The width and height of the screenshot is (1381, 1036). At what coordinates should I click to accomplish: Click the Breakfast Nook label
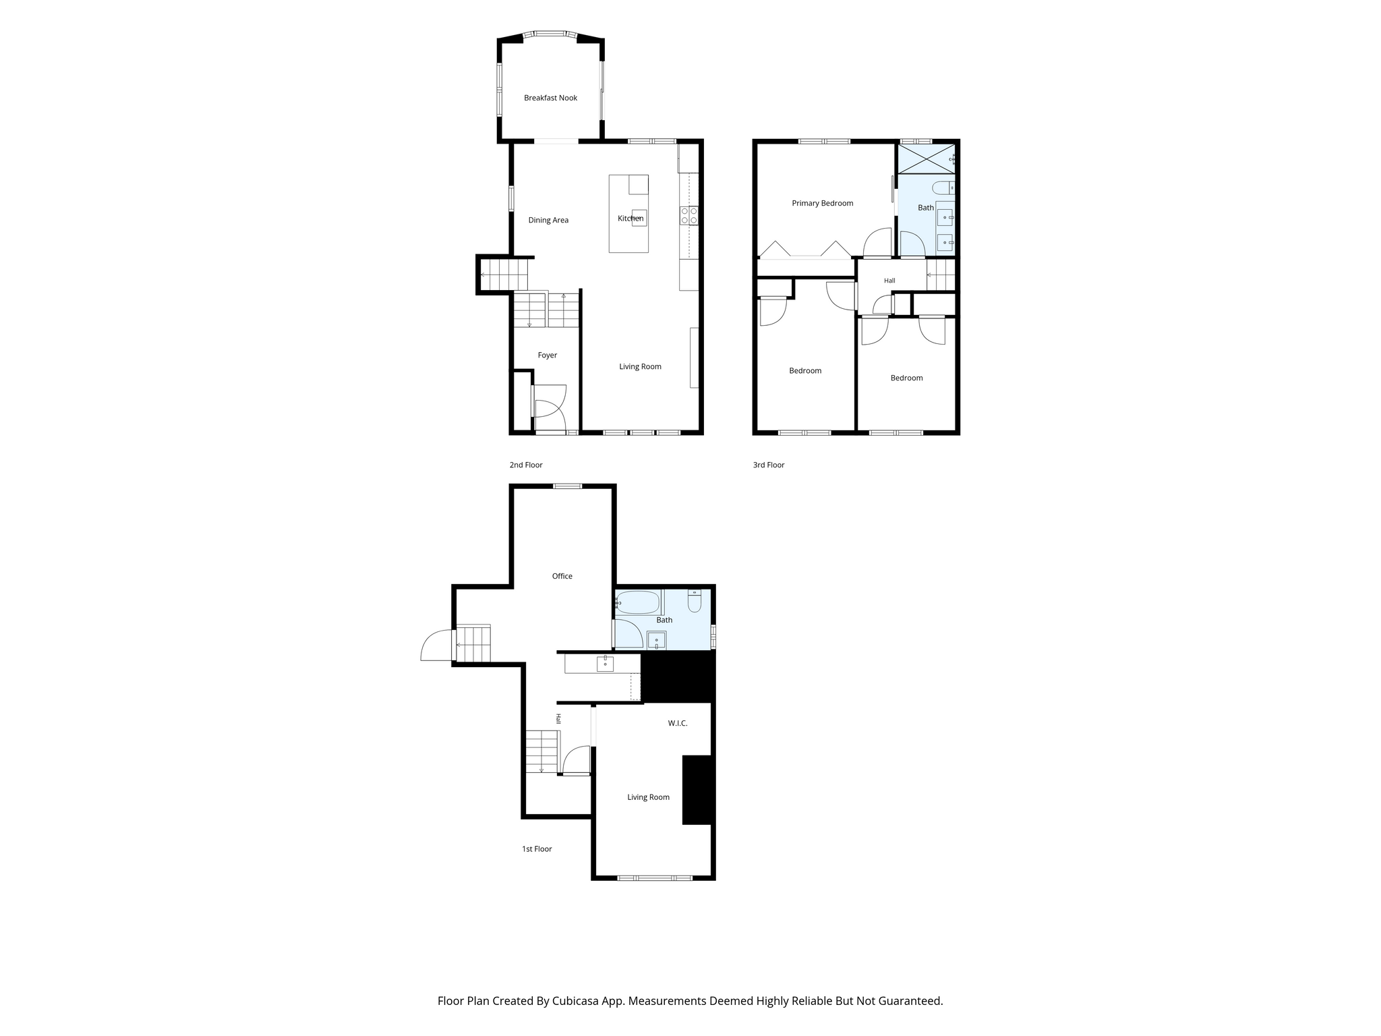tap(550, 98)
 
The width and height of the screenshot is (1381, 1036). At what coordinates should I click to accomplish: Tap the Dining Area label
tap(548, 220)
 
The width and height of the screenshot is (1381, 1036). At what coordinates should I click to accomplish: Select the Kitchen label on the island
tap(630, 219)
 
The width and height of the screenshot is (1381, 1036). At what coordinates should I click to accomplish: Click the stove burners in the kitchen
tap(689, 216)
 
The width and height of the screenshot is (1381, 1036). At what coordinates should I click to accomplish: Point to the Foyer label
tap(548, 355)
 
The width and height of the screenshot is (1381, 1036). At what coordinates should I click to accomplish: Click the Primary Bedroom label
tap(822, 203)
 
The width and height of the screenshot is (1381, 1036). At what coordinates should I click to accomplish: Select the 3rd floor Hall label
tap(889, 281)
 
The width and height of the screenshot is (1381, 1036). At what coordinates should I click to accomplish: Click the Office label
tap(562, 576)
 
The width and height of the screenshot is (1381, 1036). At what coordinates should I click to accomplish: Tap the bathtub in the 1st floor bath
tap(638, 602)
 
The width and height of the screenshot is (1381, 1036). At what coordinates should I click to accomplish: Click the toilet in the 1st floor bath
tap(695, 600)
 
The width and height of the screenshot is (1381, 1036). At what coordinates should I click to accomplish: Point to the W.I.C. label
tap(678, 723)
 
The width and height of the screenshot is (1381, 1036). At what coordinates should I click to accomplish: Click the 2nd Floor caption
tap(526, 465)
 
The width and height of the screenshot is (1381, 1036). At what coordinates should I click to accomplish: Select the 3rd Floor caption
tap(769, 465)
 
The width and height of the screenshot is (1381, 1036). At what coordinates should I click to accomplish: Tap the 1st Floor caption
tap(537, 849)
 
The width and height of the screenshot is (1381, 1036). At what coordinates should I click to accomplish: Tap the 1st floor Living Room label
tap(648, 797)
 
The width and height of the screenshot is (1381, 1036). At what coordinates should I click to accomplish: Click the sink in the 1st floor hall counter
tap(605, 664)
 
